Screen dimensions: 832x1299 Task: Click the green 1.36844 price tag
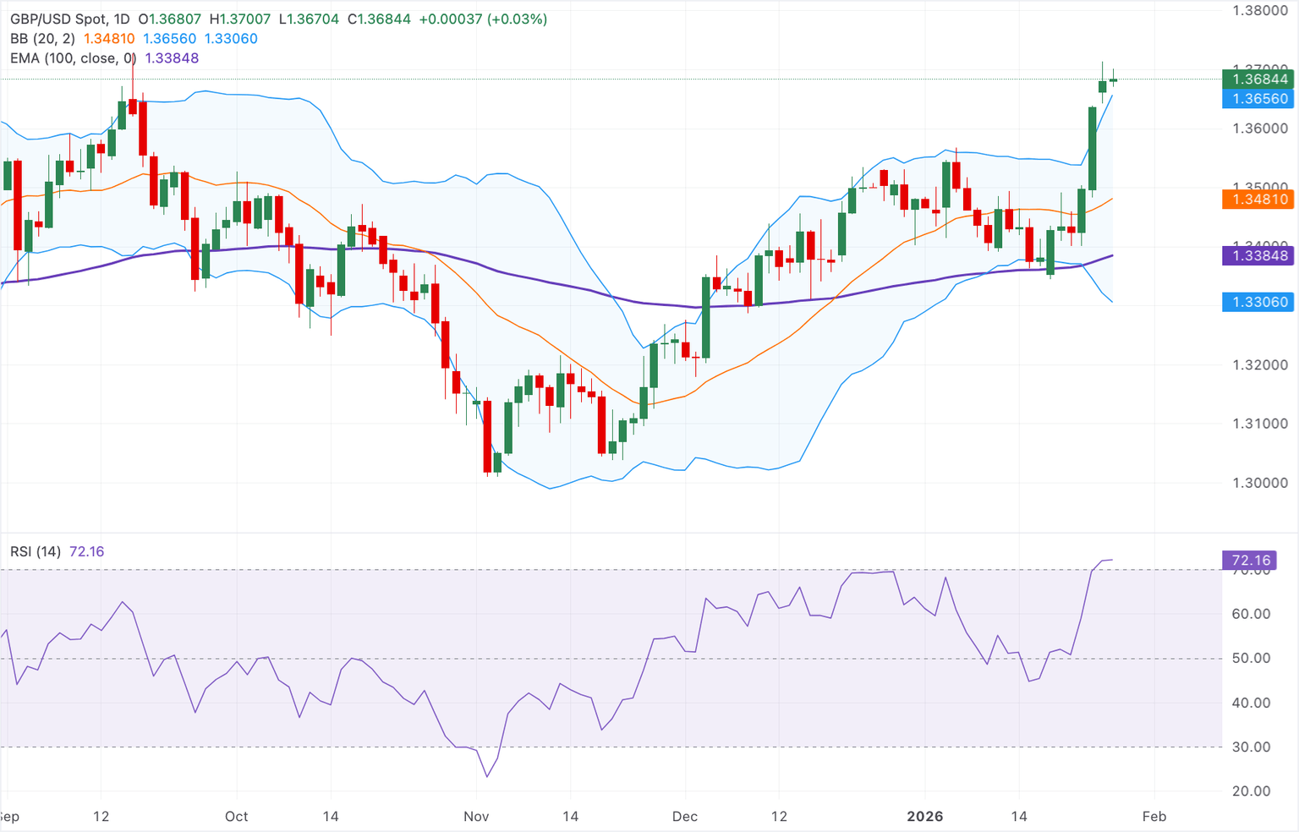[x=1258, y=79]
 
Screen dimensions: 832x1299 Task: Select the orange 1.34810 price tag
[x=1258, y=200]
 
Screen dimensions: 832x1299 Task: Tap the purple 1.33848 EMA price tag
[x=1258, y=255]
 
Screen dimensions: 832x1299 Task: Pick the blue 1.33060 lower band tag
[x=1258, y=302]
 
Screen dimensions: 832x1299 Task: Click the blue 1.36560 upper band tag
[x=1258, y=99]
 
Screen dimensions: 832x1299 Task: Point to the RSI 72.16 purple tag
[x=1251, y=561]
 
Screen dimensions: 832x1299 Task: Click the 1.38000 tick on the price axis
[x=1259, y=11]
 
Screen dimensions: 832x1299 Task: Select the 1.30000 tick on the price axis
[x=1259, y=483]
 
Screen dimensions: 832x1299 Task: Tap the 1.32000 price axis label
[x=1259, y=365]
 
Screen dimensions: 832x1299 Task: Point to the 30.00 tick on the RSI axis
[x=1251, y=747]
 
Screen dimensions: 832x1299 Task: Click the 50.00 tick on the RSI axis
[x=1251, y=658]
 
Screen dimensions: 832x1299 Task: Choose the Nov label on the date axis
[x=476, y=816]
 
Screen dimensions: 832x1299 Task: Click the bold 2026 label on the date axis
[x=924, y=816]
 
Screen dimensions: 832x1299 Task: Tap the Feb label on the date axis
[x=1154, y=816]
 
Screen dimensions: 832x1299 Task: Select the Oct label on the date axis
[x=237, y=816]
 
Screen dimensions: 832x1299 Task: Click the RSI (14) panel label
[x=36, y=551]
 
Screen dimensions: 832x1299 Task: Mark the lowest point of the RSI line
[x=487, y=777]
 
